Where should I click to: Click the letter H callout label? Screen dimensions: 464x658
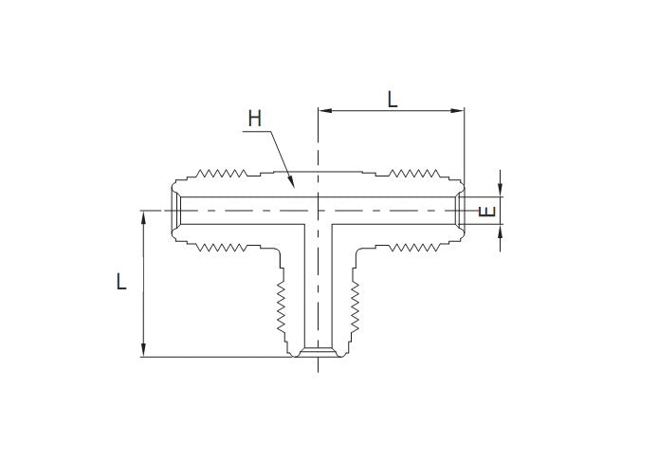pyautogui.click(x=253, y=119)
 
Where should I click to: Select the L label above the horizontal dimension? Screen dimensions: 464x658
pyautogui.click(x=392, y=99)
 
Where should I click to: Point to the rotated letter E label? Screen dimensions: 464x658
pyautogui.click(x=488, y=211)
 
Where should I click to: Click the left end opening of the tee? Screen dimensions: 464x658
pyautogui.click(x=176, y=210)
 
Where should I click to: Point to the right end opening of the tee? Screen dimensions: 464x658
pyautogui.click(x=459, y=210)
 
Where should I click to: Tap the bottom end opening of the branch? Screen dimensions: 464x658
pyautogui.click(x=317, y=355)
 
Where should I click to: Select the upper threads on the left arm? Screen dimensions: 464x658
pyautogui.click(x=221, y=175)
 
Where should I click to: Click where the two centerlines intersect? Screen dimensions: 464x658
pyautogui.click(x=317, y=210)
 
